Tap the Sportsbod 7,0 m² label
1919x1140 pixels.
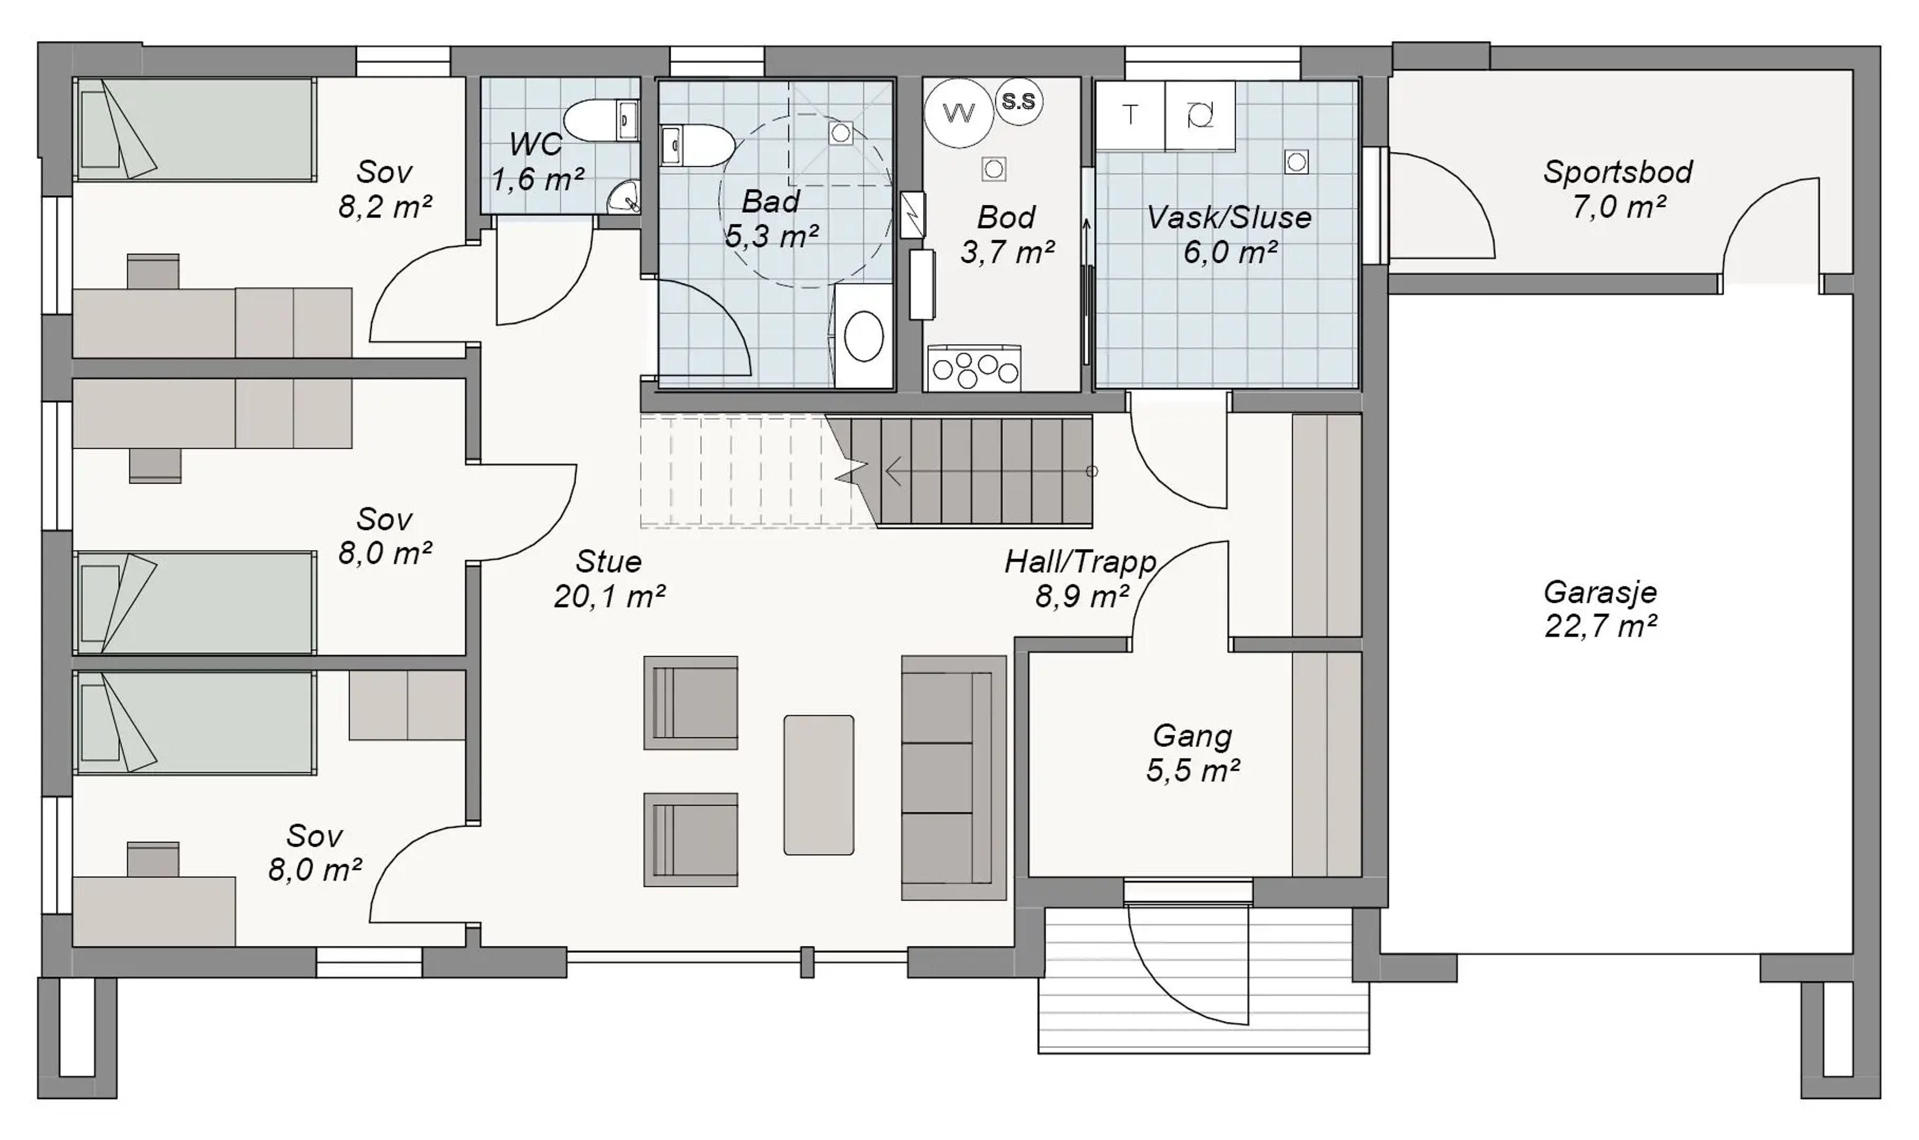coord(1618,189)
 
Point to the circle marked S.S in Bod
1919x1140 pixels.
coord(1018,101)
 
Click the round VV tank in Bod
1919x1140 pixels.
coord(959,113)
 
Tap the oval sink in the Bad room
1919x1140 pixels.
coord(864,336)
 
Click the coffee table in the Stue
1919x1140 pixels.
coord(818,785)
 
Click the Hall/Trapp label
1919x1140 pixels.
coord(1080,563)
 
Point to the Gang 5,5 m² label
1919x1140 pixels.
coord(1192,753)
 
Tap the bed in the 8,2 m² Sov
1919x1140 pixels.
coord(195,129)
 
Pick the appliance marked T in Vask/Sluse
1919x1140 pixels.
coord(1130,115)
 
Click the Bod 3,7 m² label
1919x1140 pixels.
coord(1006,234)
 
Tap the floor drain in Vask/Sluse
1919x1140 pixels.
coord(1297,162)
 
